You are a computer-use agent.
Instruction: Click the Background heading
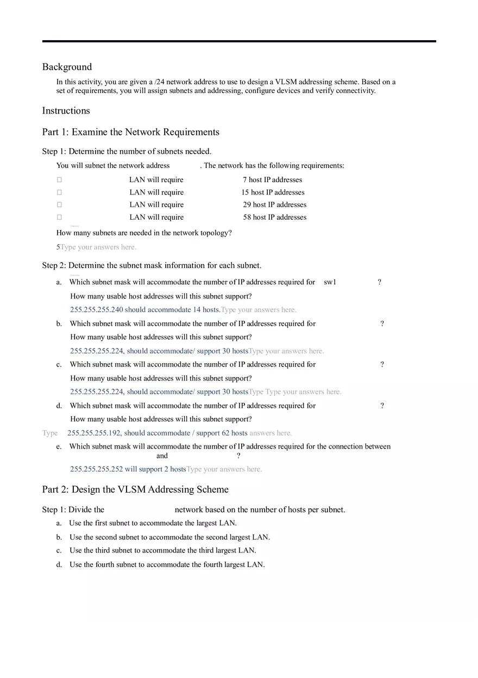click(x=67, y=67)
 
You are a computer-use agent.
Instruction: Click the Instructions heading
click(x=66, y=110)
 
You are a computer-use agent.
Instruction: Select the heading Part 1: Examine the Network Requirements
click(x=130, y=132)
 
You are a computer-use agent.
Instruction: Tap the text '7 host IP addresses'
click(x=272, y=180)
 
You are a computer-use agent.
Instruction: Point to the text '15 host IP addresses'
click(x=273, y=192)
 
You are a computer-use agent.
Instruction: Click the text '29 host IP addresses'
click(x=274, y=205)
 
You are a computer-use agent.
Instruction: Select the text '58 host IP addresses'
click(x=274, y=217)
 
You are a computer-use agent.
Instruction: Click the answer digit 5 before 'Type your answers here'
click(x=58, y=247)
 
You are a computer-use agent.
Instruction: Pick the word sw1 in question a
click(x=330, y=282)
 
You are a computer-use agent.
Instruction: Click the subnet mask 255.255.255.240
click(x=96, y=310)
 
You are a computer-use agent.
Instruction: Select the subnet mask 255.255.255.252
click(x=96, y=469)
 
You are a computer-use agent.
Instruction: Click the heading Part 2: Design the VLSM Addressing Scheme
click(x=135, y=489)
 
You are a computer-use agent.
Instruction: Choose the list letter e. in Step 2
click(x=59, y=447)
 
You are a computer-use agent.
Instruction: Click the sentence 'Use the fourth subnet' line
click(x=167, y=565)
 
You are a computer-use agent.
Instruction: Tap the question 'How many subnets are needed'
click(x=144, y=233)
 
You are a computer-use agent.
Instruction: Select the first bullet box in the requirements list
click(x=59, y=180)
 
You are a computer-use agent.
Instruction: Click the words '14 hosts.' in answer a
click(x=206, y=310)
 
